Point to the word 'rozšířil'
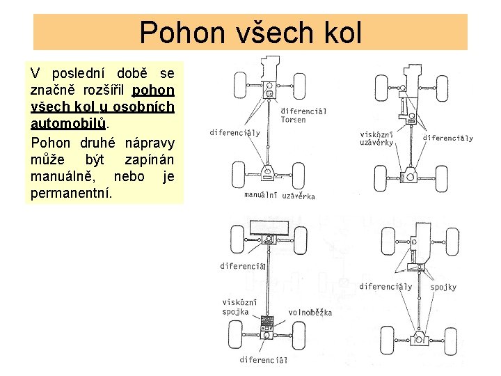(x=104, y=90)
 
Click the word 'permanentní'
(x=70, y=193)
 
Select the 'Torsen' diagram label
(x=294, y=120)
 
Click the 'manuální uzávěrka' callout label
(x=280, y=196)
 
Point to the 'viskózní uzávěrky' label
(x=377, y=139)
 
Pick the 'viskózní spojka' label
(x=240, y=307)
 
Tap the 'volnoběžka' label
(x=310, y=313)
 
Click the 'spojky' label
(x=443, y=286)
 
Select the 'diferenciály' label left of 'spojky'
(x=385, y=286)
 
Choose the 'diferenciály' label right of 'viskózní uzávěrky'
(x=447, y=138)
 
